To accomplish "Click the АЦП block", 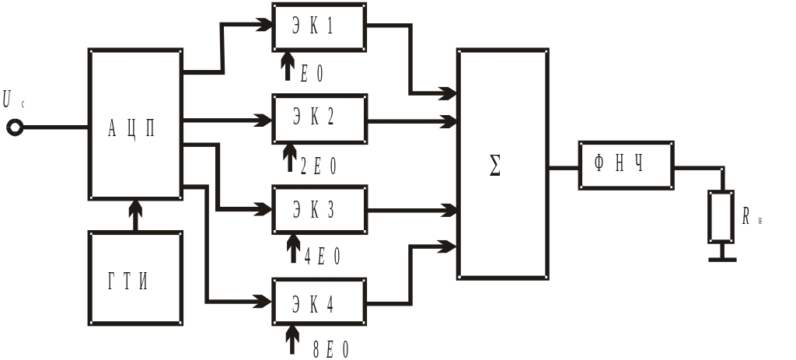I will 136,124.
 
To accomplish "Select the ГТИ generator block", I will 136,278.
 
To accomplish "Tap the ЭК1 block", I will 319,27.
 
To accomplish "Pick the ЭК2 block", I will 319,119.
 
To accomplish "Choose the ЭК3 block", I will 319,210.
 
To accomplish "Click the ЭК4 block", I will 319,301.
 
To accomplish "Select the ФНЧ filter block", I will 625,166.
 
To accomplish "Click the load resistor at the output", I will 721,216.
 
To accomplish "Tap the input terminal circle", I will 15,127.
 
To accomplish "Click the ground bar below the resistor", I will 721,259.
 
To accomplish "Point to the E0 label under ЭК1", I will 312,74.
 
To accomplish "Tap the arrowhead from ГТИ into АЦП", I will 136,207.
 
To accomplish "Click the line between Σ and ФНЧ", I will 564,167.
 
